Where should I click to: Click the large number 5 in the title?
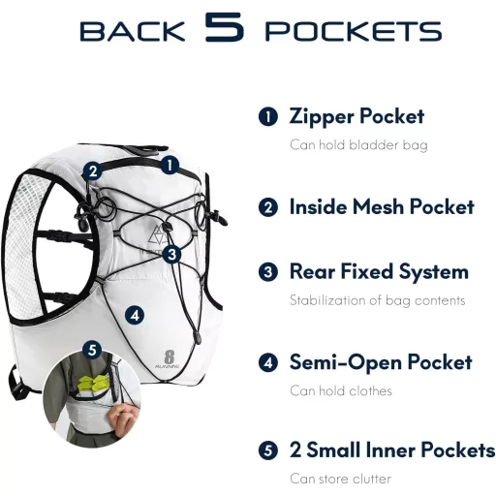coord(224,27)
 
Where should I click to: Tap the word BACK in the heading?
coord(133,31)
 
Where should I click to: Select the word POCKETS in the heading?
coord(354,31)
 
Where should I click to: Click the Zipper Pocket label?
coord(356,116)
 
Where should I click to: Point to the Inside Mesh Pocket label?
coord(382,206)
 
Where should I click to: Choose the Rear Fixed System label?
coord(379,271)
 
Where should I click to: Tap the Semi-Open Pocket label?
coord(381,362)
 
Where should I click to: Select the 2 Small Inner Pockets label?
coord(392,449)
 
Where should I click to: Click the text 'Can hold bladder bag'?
coord(358,145)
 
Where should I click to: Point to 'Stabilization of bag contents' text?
coord(377,300)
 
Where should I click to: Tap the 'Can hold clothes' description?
coord(341,390)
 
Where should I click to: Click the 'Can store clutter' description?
coord(340,479)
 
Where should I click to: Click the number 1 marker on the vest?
coord(170,165)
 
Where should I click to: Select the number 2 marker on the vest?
coord(93,170)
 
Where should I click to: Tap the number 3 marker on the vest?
coord(171,254)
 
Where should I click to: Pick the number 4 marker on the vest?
coord(135,315)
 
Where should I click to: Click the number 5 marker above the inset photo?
coord(92,350)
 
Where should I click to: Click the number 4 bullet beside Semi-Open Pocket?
coord(268,362)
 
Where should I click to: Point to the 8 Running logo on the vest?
coord(168,359)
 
